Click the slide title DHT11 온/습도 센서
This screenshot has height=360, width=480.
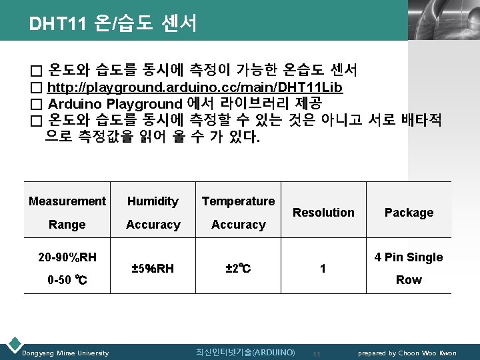(113, 24)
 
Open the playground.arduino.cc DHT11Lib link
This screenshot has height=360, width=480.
(196, 87)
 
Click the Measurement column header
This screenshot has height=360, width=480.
(67, 201)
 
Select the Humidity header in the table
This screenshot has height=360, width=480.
(153, 201)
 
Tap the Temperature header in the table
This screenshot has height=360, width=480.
(238, 201)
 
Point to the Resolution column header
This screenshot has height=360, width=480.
(323, 213)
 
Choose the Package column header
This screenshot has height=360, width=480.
(409, 213)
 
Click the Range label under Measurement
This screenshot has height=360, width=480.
(67, 225)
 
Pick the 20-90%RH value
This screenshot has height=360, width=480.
(67, 257)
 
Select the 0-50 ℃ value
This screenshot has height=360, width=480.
(67, 280)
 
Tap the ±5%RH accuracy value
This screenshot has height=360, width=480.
(153, 269)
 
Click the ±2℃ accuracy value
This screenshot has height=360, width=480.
(238, 269)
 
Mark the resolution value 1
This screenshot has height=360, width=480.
(323, 269)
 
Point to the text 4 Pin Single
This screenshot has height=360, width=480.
(409, 257)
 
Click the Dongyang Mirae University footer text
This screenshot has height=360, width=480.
(65, 353)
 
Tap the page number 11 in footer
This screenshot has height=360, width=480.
(317, 353)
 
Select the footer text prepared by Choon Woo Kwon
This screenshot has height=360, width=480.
(407, 353)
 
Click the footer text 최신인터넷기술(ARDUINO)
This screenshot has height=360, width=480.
(245, 352)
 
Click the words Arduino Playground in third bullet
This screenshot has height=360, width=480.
(115, 104)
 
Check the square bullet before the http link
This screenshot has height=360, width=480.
(36, 88)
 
